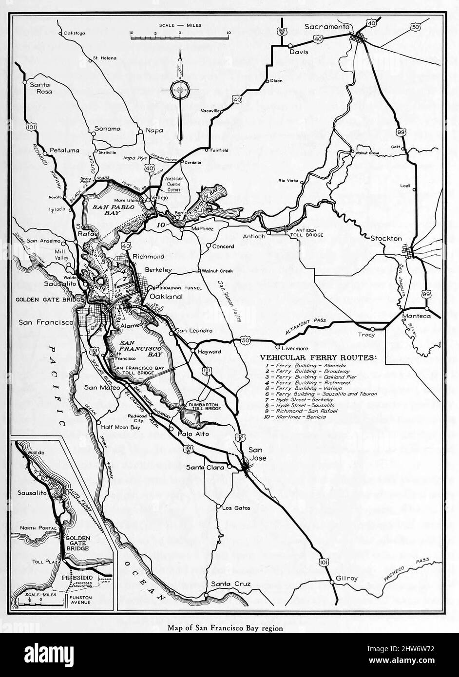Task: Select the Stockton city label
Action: pos(386,239)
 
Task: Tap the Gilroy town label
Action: pos(346,579)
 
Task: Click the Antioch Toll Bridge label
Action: pos(304,232)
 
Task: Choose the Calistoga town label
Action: pos(74,33)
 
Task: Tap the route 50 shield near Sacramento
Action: pos(415,27)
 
